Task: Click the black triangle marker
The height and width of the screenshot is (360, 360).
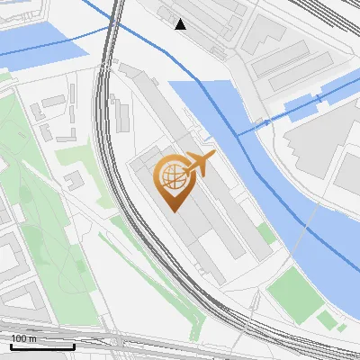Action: (x=181, y=24)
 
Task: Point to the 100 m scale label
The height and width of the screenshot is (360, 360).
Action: (x=23, y=338)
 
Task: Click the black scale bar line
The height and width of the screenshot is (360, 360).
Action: (x=42, y=346)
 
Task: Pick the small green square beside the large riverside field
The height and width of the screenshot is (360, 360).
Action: (x=326, y=319)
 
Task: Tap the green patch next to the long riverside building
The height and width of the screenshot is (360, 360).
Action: (x=265, y=233)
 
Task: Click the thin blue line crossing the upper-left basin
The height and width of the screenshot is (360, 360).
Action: (x=54, y=45)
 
